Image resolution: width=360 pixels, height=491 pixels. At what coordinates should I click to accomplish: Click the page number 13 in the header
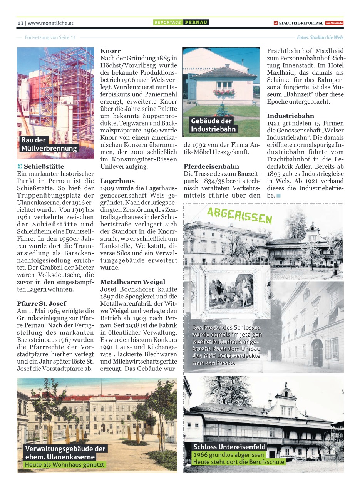[20, 23]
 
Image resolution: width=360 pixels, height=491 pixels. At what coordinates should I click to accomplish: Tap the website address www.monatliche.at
[50, 23]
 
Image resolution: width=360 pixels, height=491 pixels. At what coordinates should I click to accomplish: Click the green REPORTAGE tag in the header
[168, 23]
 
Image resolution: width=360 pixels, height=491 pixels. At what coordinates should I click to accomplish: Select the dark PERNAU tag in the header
[196, 23]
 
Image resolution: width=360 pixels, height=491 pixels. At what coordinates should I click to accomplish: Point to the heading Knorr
[111, 51]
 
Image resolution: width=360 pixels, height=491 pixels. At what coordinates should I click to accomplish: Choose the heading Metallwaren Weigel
[132, 282]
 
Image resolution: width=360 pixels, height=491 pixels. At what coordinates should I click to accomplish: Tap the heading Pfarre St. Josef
[42, 303]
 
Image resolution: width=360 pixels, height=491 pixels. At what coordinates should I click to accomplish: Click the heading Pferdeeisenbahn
[211, 167]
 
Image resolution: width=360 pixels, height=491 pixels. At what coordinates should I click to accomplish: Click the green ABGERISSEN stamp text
[239, 215]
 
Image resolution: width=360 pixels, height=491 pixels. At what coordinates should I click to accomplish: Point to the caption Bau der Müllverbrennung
[49, 144]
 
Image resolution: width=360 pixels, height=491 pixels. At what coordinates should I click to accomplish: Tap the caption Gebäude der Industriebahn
[213, 125]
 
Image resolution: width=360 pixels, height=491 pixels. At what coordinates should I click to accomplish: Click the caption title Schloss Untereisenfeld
[229, 447]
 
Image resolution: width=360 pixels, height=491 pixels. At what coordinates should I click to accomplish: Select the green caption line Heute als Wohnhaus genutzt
[64, 465]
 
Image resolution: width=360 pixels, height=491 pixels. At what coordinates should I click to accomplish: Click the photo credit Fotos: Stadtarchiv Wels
[320, 37]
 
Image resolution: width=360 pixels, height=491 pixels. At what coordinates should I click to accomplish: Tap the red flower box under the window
[224, 92]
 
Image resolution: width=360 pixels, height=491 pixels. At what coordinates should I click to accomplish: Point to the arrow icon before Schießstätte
[20, 167]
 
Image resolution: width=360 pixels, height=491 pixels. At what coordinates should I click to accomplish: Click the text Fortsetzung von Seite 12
[50, 37]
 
